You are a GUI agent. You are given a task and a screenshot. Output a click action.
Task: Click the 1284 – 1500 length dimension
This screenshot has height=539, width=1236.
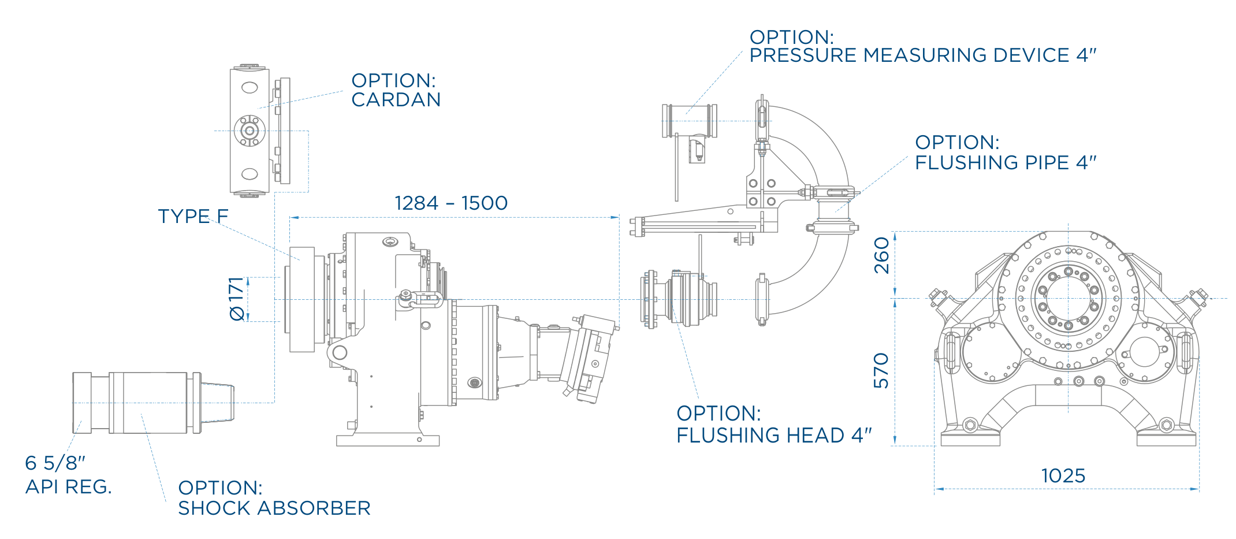pyautogui.click(x=451, y=203)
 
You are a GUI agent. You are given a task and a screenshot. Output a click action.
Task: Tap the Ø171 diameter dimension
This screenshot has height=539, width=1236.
pyautogui.click(x=237, y=299)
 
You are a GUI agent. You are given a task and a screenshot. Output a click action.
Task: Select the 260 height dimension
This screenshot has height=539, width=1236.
pyautogui.click(x=881, y=255)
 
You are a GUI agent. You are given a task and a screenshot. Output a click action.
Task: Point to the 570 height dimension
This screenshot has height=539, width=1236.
pyautogui.click(x=881, y=370)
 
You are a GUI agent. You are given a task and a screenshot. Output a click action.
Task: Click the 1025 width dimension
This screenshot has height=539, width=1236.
pyautogui.click(x=1063, y=476)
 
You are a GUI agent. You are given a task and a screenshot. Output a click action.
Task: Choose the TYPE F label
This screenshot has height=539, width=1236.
pyautogui.click(x=193, y=216)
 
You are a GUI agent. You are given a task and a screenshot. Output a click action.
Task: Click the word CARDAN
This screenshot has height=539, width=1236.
pyautogui.click(x=396, y=100)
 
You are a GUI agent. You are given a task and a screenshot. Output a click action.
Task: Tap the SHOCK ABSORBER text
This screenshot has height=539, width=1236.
pyautogui.click(x=274, y=508)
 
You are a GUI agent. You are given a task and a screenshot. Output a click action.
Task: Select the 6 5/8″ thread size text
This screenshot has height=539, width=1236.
pyautogui.click(x=55, y=463)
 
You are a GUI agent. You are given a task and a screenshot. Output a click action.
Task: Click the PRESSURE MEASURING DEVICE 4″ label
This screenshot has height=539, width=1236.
pyautogui.click(x=923, y=55)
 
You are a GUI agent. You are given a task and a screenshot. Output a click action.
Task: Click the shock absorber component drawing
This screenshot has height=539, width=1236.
pyautogui.click(x=153, y=403)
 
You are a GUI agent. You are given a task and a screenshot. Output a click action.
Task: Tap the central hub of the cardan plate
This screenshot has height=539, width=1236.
pyautogui.click(x=250, y=131)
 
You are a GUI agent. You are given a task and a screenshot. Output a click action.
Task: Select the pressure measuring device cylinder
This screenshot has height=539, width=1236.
pyautogui.click(x=690, y=121)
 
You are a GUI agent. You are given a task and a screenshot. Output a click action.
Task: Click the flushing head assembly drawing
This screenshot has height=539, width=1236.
pyautogui.click(x=679, y=299)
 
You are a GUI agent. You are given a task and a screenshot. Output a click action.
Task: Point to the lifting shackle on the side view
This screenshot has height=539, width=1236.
pyautogui.click(x=420, y=299)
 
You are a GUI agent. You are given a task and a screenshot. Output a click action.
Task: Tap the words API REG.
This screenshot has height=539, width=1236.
pyautogui.click(x=68, y=487)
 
